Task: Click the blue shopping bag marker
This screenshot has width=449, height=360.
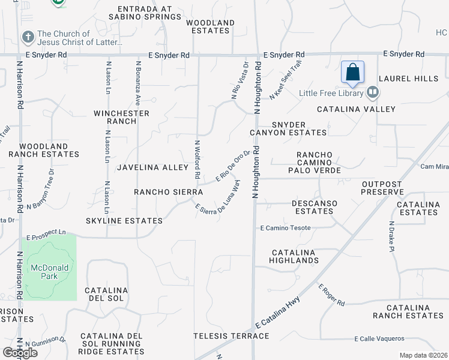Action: [352, 72]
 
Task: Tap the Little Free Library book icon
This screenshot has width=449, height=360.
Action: [373, 92]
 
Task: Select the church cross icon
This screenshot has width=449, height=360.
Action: [28, 37]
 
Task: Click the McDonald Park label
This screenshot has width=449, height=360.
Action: [46, 272]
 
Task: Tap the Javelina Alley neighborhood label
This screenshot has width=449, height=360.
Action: [153, 167]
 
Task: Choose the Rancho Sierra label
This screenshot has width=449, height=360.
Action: [168, 192]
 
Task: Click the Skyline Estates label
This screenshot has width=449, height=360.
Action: [124, 221]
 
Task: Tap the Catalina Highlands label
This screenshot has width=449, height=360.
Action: [294, 256]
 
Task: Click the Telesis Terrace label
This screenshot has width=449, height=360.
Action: [231, 336]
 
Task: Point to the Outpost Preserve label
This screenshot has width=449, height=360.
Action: [382, 188]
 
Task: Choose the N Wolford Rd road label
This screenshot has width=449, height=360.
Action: [197, 160]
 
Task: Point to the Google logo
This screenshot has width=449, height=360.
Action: [20, 353]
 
